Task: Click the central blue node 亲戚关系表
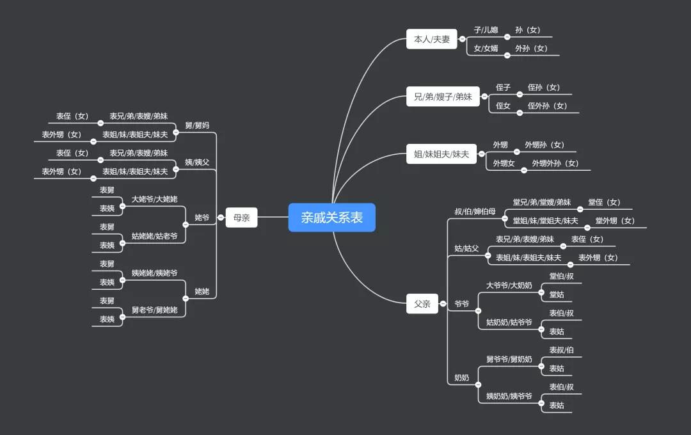[x=331, y=217]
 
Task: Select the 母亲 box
[x=241, y=217]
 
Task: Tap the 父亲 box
[x=422, y=304]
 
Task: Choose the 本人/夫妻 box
[x=432, y=39]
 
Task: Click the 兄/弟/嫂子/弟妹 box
[x=443, y=97]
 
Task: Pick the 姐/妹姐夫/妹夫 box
[x=441, y=154]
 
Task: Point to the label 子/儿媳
[x=486, y=30]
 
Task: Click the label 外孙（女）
[x=531, y=49]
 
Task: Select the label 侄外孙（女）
[x=547, y=106]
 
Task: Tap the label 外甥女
[x=504, y=164]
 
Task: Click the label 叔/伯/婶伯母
[x=475, y=212]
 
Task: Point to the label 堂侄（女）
[x=604, y=203]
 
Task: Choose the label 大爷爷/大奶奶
[x=509, y=285]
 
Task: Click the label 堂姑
[x=557, y=295]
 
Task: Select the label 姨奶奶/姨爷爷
[x=509, y=397]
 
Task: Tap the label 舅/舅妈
[x=197, y=125]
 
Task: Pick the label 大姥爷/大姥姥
[x=154, y=200]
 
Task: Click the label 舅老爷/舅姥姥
[x=154, y=310]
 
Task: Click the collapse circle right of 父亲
[x=443, y=304]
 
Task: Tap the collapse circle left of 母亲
[x=221, y=217]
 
